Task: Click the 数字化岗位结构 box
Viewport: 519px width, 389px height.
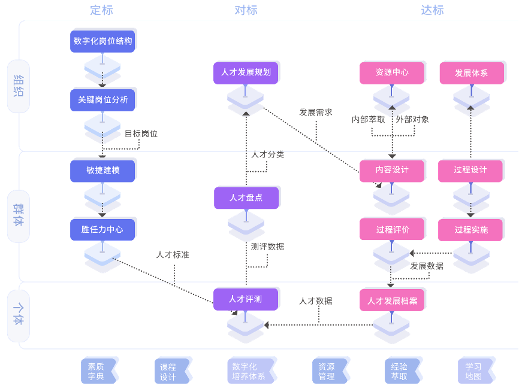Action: coord(102,41)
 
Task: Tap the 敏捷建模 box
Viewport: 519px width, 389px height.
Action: coord(102,171)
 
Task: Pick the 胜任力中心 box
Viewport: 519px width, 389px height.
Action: coord(102,229)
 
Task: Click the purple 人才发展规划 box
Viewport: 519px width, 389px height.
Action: coord(246,72)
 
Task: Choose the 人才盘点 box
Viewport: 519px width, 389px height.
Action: coord(246,197)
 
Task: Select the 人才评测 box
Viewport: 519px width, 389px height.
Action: coord(245,299)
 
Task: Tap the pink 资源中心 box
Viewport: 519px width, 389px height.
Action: coord(392,72)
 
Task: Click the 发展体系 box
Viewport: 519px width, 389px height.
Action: coord(471,73)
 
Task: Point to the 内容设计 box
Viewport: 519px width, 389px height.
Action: coord(392,170)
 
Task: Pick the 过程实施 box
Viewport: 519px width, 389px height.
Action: coord(471,230)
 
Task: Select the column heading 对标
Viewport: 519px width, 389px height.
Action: coord(246,10)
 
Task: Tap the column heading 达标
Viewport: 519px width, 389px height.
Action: coord(432,10)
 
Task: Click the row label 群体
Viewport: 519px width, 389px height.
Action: coord(19,216)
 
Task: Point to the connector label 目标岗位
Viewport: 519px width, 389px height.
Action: coord(141,134)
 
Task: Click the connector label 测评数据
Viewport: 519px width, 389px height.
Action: coord(267,247)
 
